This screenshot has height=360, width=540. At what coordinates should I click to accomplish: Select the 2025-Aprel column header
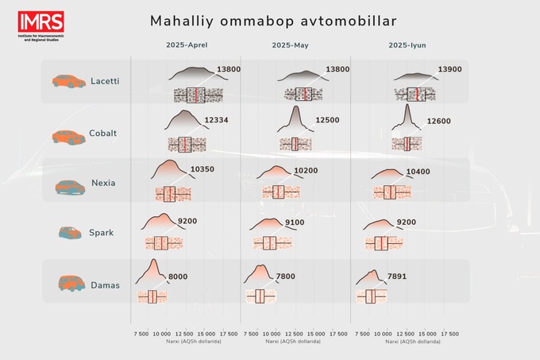pyautogui.click(x=187, y=45)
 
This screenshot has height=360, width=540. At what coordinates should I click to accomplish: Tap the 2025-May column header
pyautogui.click(x=290, y=45)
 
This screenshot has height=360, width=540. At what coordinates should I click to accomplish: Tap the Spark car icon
pyautogui.click(x=69, y=233)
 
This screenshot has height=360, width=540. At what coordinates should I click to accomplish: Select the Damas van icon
pyautogui.click(x=69, y=283)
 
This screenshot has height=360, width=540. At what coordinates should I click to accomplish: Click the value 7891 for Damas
pyautogui.click(x=401, y=276)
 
